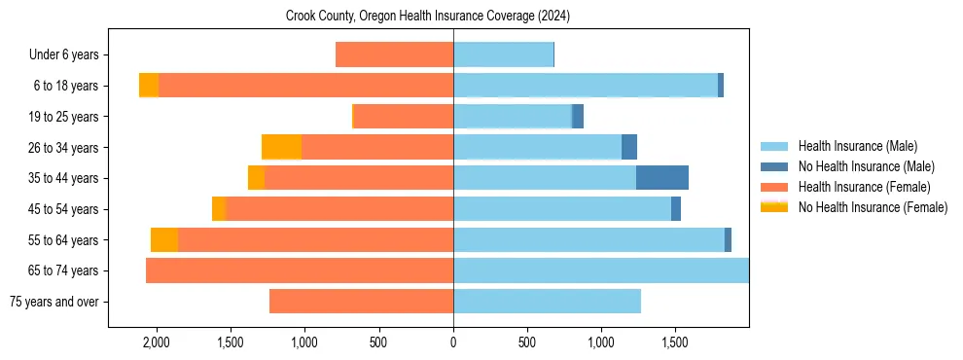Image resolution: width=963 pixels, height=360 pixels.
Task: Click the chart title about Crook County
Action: click(428, 17)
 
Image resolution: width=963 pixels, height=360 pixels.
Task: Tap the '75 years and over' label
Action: click(53, 302)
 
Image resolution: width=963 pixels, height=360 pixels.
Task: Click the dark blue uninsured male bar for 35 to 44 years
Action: click(661, 178)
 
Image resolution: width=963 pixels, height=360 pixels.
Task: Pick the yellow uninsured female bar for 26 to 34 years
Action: click(281, 147)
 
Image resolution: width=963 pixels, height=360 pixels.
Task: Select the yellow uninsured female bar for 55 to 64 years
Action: click(164, 239)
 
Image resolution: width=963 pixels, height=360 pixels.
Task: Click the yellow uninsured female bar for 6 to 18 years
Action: click(149, 86)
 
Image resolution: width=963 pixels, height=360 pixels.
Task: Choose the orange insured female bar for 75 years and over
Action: click(361, 302)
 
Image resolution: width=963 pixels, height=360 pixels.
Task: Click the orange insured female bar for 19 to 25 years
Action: click(403, 117)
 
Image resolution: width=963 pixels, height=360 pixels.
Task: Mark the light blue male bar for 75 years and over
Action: click(547, 302)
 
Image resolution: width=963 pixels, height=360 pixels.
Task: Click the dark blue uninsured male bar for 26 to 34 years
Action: click(629, 147)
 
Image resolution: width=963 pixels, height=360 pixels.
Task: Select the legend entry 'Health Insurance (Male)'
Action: click(856, 146)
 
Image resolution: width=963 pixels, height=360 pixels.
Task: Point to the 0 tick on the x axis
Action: click(453, 342)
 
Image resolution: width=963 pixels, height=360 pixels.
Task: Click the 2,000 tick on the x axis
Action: click(157, 342)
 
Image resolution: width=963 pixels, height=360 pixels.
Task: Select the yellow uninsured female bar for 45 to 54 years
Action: click(219, 209)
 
